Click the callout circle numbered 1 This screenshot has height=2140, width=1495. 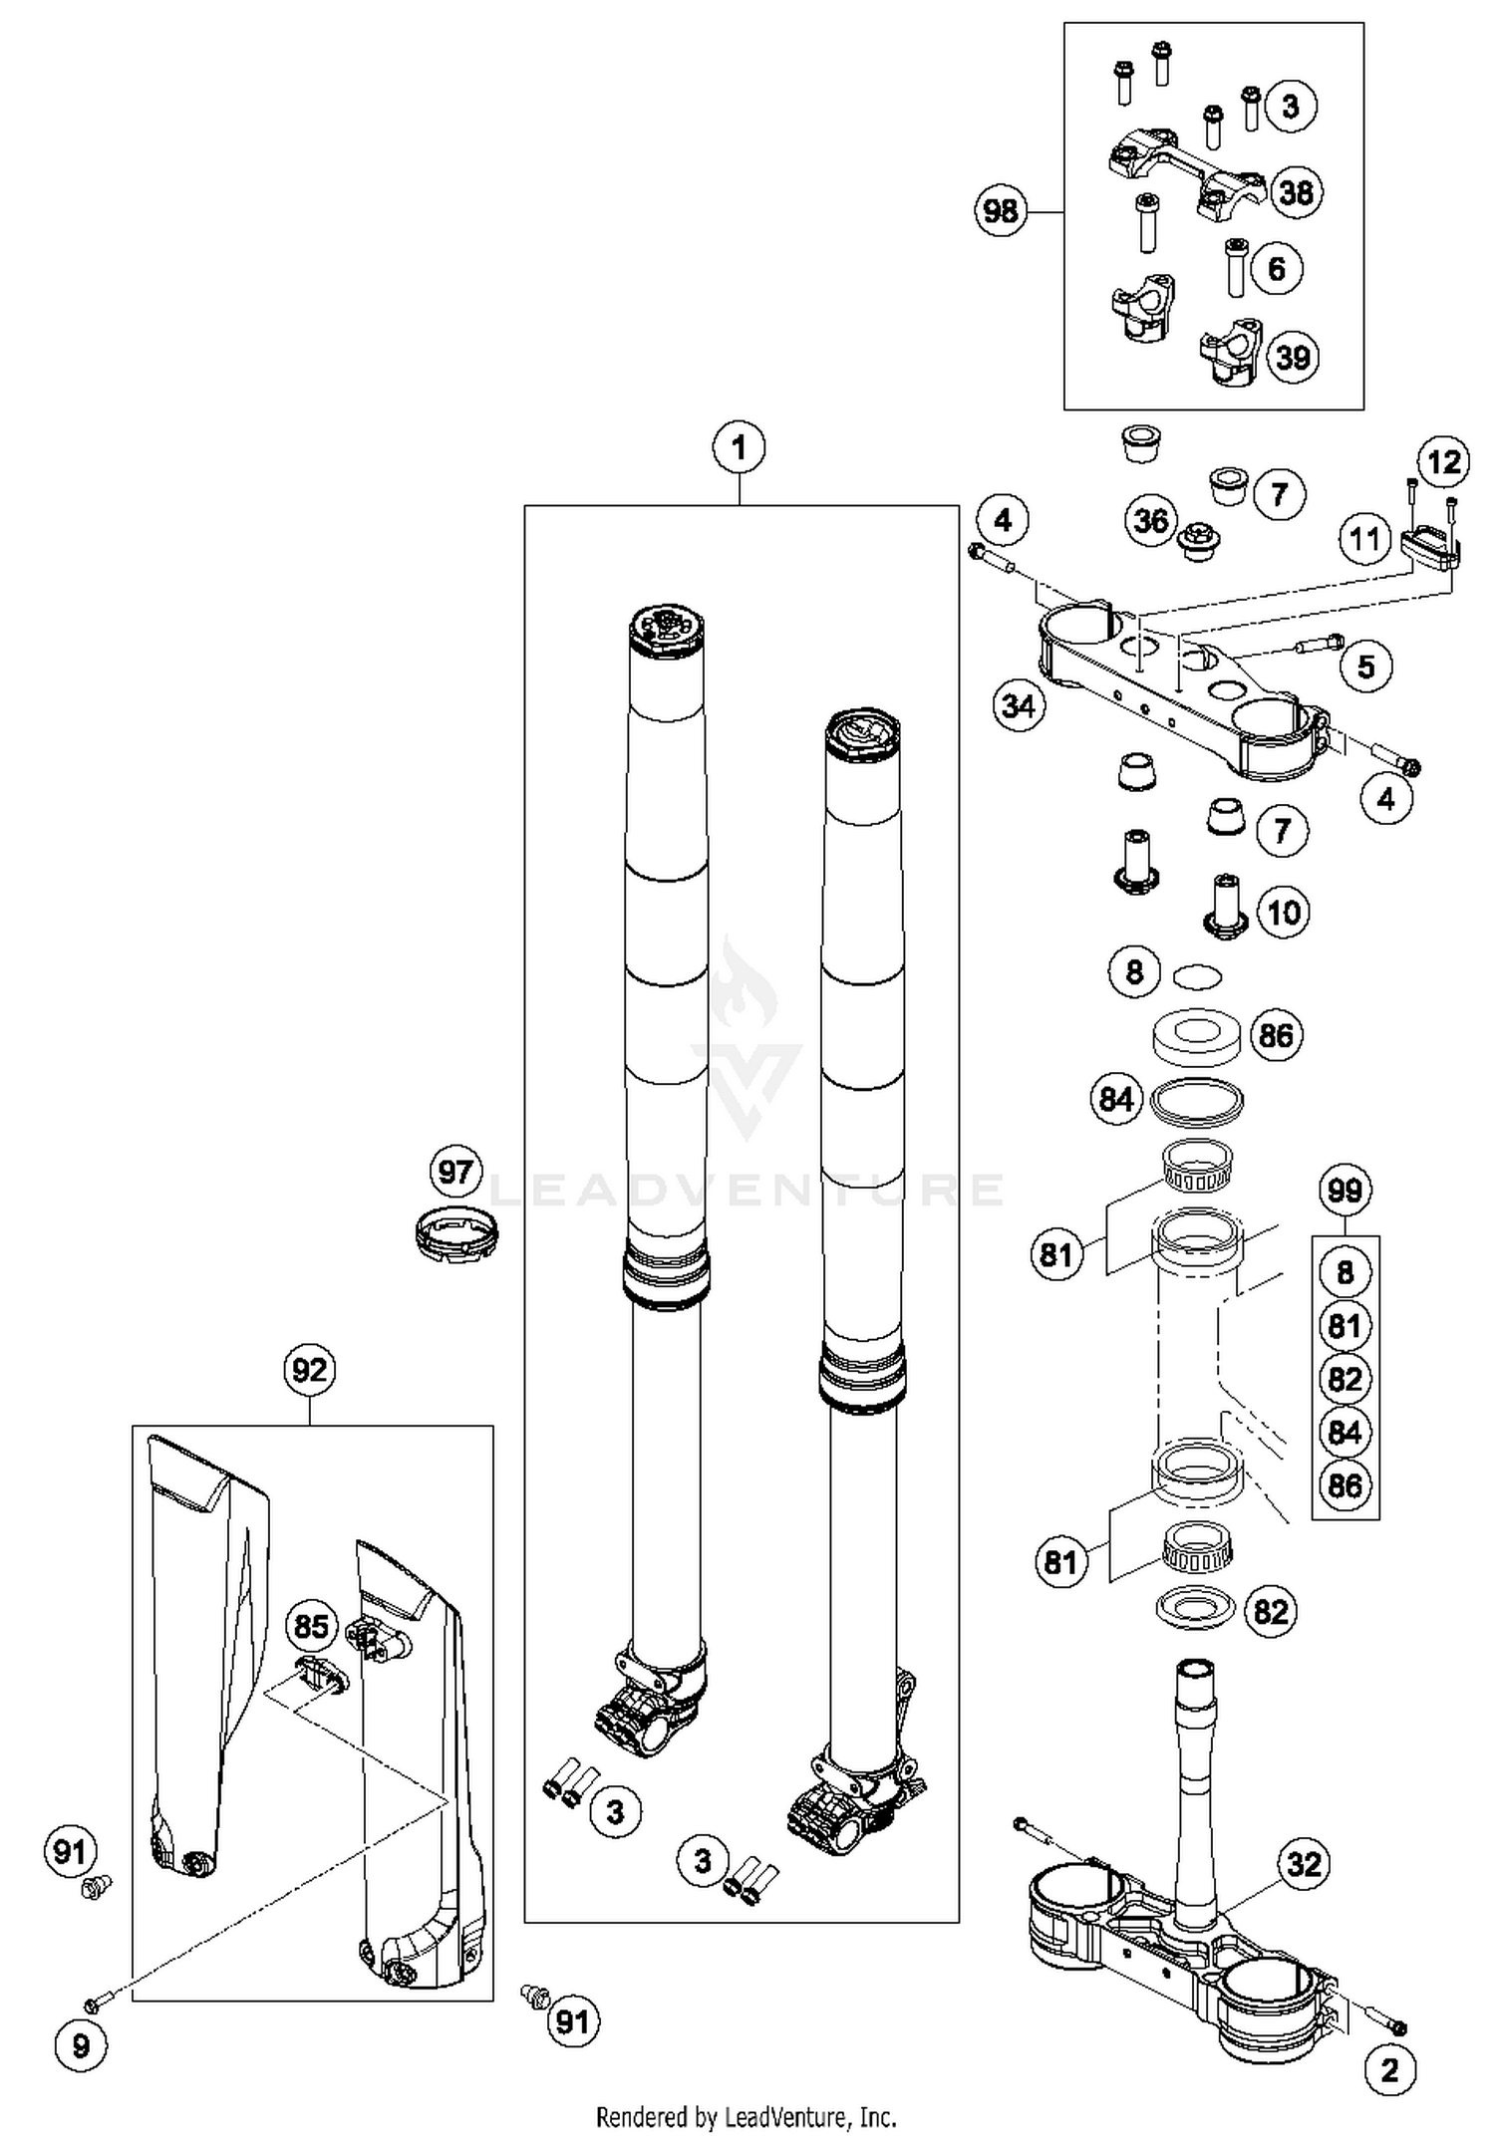click(739, 448)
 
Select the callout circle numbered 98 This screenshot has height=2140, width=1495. click(1000, 210)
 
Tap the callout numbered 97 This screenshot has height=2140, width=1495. click(455, 1171)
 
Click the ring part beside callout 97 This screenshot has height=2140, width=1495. click(456, 1234)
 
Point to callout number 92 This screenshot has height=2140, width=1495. click(309, 1370)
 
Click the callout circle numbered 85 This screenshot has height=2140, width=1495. click(311, 1627)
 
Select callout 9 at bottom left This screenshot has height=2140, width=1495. click(81, 2046)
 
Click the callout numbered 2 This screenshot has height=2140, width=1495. click(1389, 2070)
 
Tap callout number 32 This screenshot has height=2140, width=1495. click(1304, 1863)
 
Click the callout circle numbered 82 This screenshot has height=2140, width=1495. click(1270, 1611)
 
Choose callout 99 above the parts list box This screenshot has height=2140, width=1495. click(1345, 1190)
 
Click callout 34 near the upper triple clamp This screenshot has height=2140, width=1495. click(1019, 706)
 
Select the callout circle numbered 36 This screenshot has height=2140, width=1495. click(1151, 520)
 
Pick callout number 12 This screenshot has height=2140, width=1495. click(1444, 461)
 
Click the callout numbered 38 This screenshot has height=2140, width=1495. click(1296, 191)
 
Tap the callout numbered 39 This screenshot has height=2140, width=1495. click(1293, 357)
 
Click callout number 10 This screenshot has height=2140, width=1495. click(1284, 912)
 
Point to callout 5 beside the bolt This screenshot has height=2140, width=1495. click(1365, 666)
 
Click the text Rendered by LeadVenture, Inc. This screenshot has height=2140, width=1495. click(746, 2116)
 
